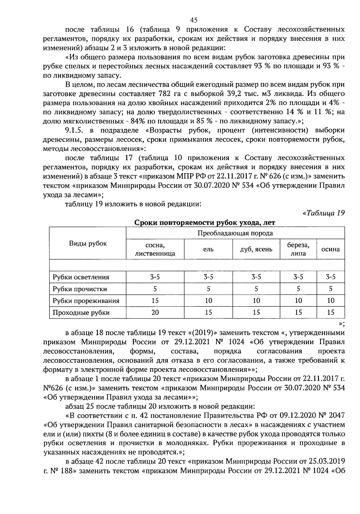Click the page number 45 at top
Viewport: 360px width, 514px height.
[193, 20]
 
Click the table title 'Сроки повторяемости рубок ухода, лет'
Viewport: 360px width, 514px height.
[204, 223]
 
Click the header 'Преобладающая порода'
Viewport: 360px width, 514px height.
[235, 233]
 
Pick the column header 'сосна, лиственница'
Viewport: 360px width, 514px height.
[155, 249]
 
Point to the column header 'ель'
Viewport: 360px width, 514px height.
[208, 249]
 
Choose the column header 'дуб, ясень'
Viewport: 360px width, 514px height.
[256, 249]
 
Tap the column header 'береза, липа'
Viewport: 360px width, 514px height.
[298, 249]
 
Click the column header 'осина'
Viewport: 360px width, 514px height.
[331, 249]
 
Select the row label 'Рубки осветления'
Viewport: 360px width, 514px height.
[81, 277]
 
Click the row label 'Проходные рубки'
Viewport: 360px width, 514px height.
[81, 313]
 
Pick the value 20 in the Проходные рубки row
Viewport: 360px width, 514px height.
[155, 313]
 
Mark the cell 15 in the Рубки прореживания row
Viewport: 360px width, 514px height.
[155, 301]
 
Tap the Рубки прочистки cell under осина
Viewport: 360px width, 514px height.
[331, 289]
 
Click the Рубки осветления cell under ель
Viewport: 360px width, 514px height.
[208, 277]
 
